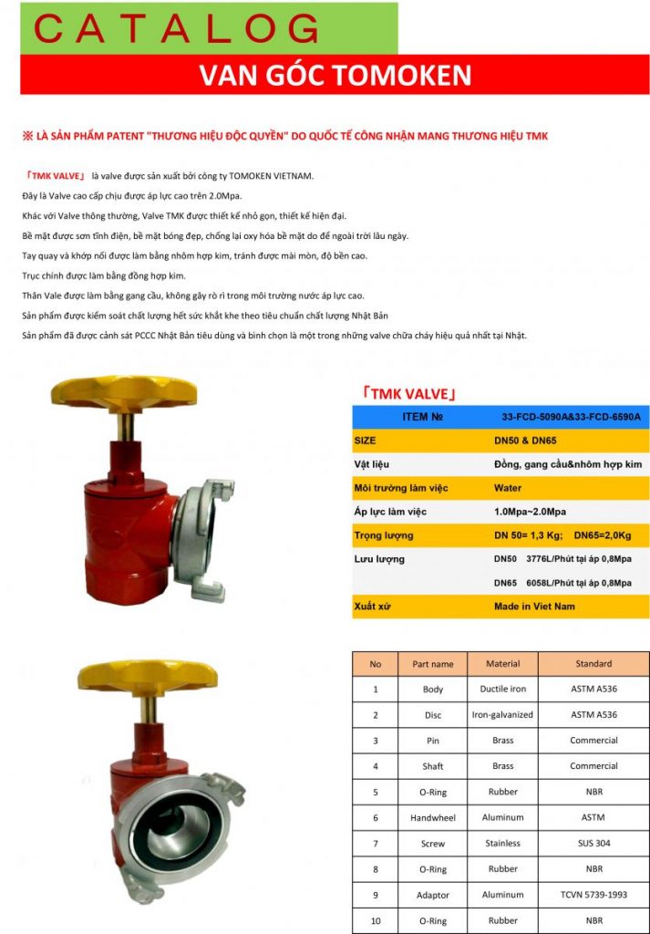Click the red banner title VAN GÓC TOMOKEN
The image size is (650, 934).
[x=335, y=75]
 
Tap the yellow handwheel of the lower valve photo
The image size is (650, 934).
[x=148, y=674]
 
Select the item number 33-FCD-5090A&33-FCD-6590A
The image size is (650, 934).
[x=572, y=417]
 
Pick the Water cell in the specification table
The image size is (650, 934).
[x=507, y=488]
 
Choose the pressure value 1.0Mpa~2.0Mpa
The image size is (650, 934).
[x=529, y=512]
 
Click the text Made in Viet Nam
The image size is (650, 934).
[x=534, y=606]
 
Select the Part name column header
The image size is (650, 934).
[x=432, y=664]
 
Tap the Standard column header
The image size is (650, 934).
[x=593, y=664]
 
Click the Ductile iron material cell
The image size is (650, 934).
[x=502, y=690]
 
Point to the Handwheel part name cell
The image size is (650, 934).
[x=432, y=818]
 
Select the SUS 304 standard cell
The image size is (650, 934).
[x=593, y=844]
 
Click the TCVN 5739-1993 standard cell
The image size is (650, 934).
[x=593, y=895]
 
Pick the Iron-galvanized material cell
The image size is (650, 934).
[x=502, y=715]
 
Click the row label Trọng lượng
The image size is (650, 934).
[x=383, y=535]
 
